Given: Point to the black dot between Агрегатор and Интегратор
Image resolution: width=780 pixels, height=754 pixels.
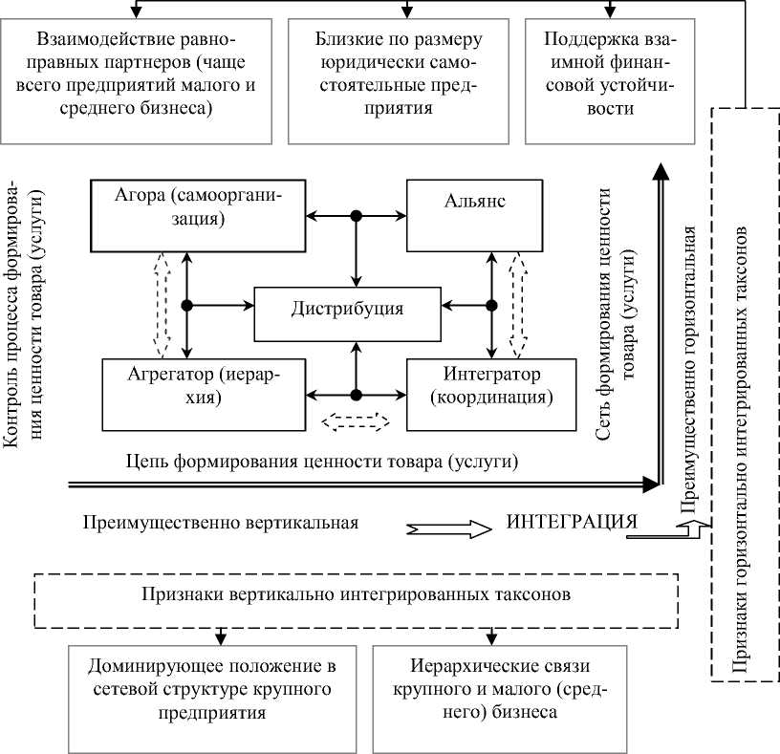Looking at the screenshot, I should click(356, 395).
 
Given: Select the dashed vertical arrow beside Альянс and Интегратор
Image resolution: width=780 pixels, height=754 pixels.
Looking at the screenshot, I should click(517, 301).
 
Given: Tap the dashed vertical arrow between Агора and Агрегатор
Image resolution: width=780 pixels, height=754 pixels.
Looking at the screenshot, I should click(162, 301).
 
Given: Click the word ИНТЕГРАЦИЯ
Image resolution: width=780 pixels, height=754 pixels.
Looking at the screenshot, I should click(571, 523).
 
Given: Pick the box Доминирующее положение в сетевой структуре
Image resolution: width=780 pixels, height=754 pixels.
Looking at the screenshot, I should click(213, 687).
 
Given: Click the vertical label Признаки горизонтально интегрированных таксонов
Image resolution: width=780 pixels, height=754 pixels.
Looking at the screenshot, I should click(747, 392).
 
